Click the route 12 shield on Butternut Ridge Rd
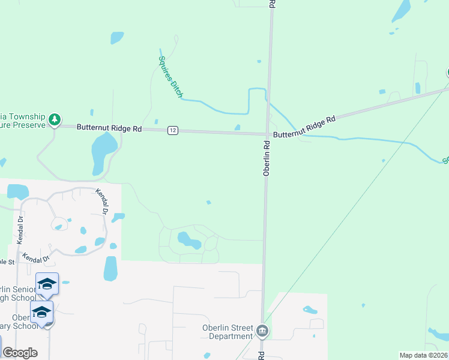[172, 130]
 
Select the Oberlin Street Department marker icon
[262, 331]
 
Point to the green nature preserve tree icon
[55, 119]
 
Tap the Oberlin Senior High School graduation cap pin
[47, 283]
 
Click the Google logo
[20, 353]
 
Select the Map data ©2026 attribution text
[423, 355]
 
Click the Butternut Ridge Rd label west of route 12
[109, 128]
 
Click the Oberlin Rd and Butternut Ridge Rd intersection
[268, 134]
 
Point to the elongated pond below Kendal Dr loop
[110, 268]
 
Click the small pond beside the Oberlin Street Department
[310, 310]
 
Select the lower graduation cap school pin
[42, 313]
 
